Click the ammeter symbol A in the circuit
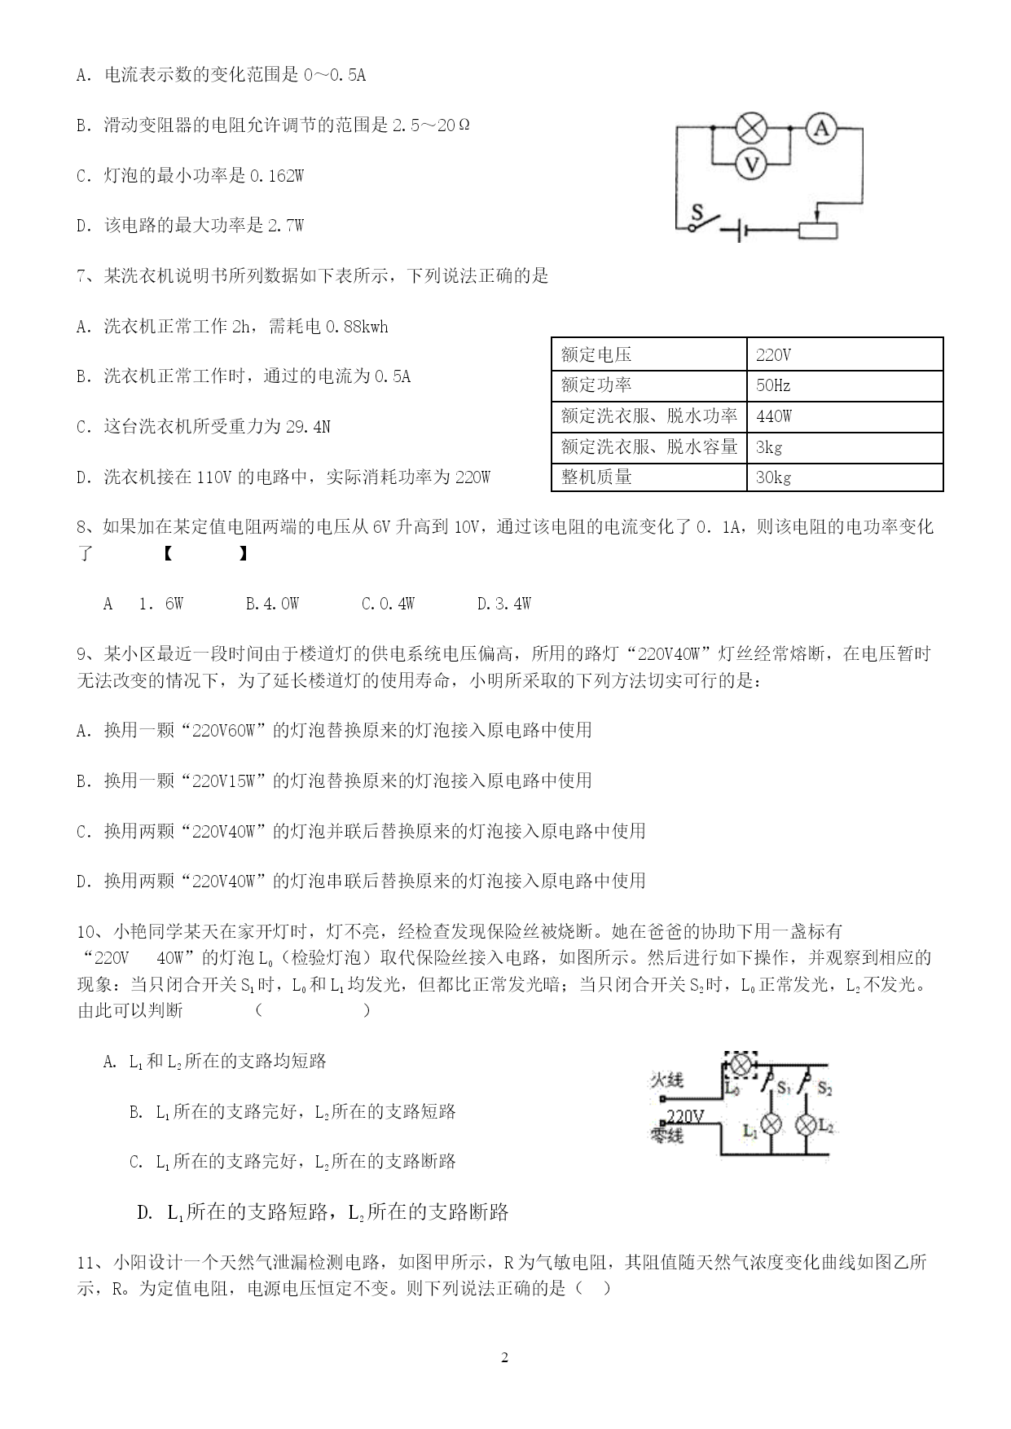pos(822,128)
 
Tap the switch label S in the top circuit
pos(697,213)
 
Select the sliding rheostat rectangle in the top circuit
pos(817,231)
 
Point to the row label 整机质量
pos(596,477)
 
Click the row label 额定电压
pos(596,354)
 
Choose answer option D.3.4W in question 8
pos(503,604)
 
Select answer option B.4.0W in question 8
pos(272,604)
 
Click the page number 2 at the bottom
pos(504,1357)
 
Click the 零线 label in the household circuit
pos(666,1133)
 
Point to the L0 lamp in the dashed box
pos(741,1065)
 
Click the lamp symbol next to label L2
pos(806,1125)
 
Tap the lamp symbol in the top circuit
pos(752,128)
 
